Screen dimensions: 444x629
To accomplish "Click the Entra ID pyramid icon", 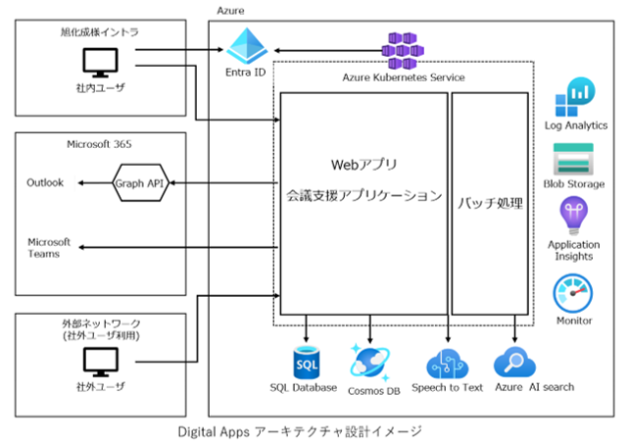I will [246, 46].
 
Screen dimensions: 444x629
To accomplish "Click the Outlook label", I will [45, 182].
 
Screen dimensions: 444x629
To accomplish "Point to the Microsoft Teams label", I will [49, 248].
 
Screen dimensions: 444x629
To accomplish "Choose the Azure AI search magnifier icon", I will [514, 363].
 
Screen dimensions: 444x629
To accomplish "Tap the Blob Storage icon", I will [574, 159].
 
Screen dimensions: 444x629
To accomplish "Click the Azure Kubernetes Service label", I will [402, 76].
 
